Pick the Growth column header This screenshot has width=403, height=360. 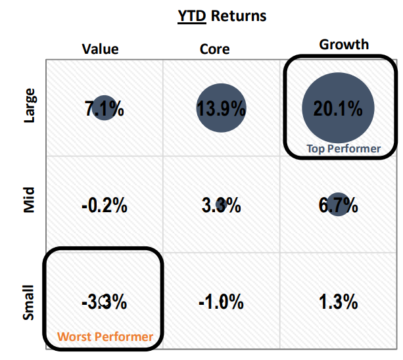pyautogui.click(x=344, y=45)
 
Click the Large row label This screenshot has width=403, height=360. pyautogui.click(x=30, y=105)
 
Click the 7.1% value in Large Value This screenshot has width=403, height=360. pyautogui.click(x=104, y=109)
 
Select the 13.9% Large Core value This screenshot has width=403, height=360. pyautogui.click(x=221, y=109)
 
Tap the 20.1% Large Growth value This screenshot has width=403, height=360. pyautogui.click(x=338, y=109)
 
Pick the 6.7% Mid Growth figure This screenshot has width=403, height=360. pyautogui.click(x=338, y=206)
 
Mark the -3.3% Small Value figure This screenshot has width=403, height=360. pyautogui.click(x=104, y=303)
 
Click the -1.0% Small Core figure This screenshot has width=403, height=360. pyautogui.click(x=221, y=303)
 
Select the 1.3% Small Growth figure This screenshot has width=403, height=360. pyautogui.click(x=338, y=303)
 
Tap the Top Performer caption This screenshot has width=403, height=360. pyautogui.click(x=343, y=148)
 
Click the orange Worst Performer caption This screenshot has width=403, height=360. pyautogui.click(x=105, y=337)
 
